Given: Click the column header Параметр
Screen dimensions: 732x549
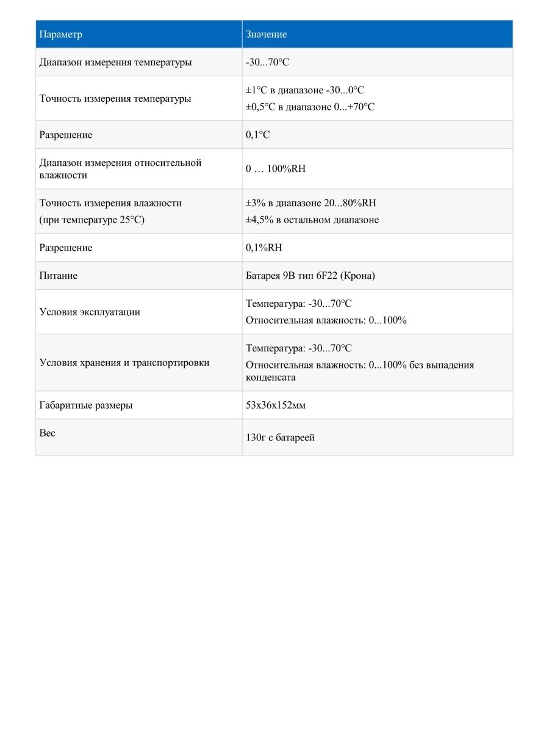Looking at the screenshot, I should [60, 34].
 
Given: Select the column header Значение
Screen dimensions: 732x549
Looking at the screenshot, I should [266, 34].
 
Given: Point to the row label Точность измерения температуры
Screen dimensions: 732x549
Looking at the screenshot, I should [115, 98].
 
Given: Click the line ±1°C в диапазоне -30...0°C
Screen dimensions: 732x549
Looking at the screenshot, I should [305, 90].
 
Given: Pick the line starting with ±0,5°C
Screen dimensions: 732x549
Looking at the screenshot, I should [310, 107].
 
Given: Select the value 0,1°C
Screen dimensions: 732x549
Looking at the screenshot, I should [257, 135].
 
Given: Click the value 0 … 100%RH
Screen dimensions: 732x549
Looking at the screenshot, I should [276, 169].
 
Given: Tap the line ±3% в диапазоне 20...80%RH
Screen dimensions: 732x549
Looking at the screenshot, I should [315, 203].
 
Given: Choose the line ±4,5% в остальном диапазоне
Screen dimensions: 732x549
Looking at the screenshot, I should [312, 220].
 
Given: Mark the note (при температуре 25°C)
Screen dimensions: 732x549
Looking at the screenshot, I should [92, 220].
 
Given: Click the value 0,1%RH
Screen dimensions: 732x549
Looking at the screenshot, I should [264, 248].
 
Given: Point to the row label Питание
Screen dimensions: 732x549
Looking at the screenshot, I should [58, 276].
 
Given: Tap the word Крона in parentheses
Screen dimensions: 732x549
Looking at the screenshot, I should [359, 276].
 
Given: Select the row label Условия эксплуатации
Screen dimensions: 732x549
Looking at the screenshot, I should [90, 312].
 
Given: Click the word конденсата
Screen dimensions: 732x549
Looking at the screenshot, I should [270, 377].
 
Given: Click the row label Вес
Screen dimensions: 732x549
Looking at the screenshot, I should [47, 432].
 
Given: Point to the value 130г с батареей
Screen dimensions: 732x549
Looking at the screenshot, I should [280, 437].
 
